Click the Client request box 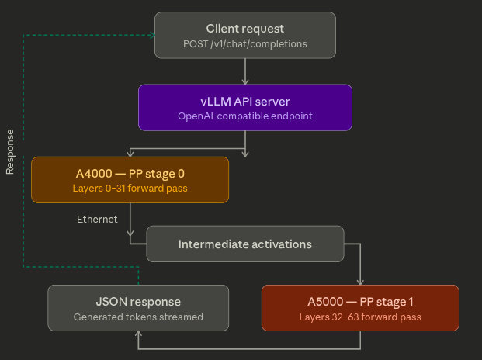(x=245, y=36)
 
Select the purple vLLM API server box (x=245, y=107)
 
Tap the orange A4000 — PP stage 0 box (x=130, y=180)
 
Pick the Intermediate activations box (x=245, y=244)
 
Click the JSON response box (x=138, y=308)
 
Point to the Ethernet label (x=97, y=220)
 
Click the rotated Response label (x=10, y=152)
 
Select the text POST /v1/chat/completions (x=245, y=44)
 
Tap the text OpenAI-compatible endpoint (x=245, y=116)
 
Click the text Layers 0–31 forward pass (x=130, y=189)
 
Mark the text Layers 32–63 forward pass (x=360, y=317)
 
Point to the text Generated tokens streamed (x=138, y=317)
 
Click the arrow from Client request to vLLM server (x=245, y=71)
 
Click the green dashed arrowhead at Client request (x=151, y=36)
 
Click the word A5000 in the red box (x=324, y=301)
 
